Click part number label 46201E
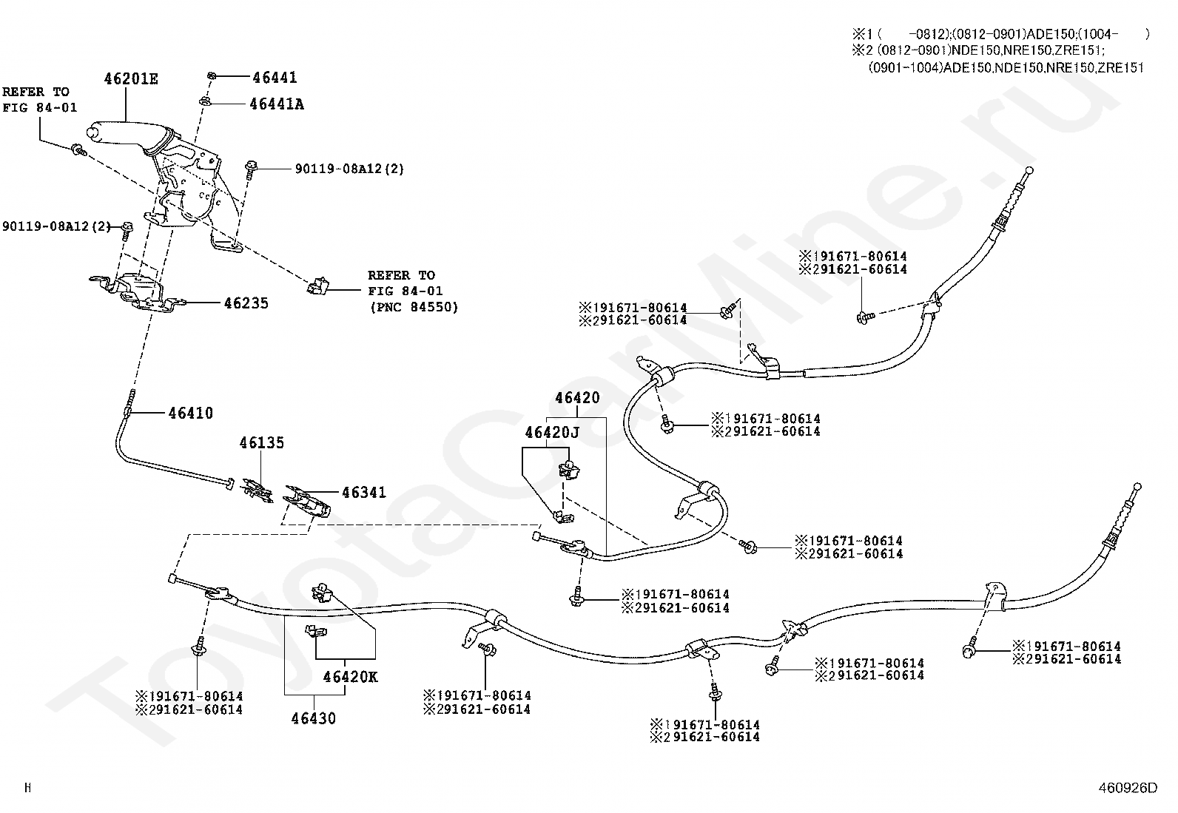131,78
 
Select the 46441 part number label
275,77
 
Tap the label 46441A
277,104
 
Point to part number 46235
246,303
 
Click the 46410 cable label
190,413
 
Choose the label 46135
261,442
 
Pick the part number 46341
363,492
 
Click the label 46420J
552,432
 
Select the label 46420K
350,676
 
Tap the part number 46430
313,718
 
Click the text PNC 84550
414,307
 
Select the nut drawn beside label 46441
211,75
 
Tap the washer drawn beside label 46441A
206,101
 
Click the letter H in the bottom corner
27,788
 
